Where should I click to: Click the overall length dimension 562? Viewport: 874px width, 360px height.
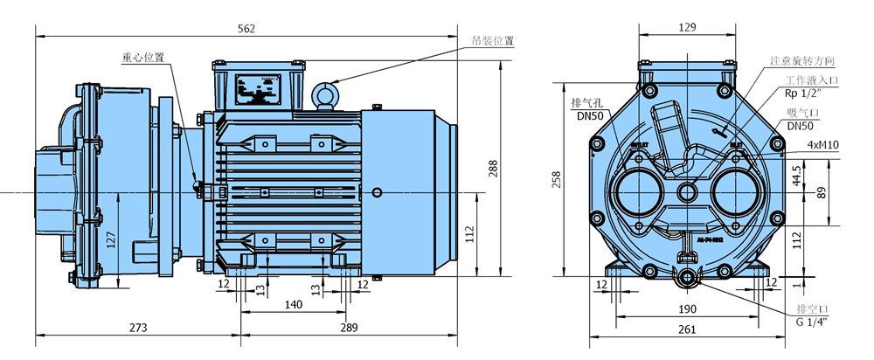click(x=246, y=29)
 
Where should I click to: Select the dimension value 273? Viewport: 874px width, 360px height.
click(x=138, y=328)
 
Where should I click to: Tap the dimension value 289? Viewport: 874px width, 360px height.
click(x=349, y=328)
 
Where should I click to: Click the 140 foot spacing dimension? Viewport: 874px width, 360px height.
click(x=294, y=305)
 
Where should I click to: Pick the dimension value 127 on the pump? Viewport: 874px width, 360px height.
click(x=109, y=240)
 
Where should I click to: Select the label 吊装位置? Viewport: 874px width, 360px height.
click(x=492, y=41)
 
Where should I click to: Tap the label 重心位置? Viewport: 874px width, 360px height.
click(x=142, y=58)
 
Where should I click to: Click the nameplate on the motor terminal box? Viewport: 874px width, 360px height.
click(x=260, y=87)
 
